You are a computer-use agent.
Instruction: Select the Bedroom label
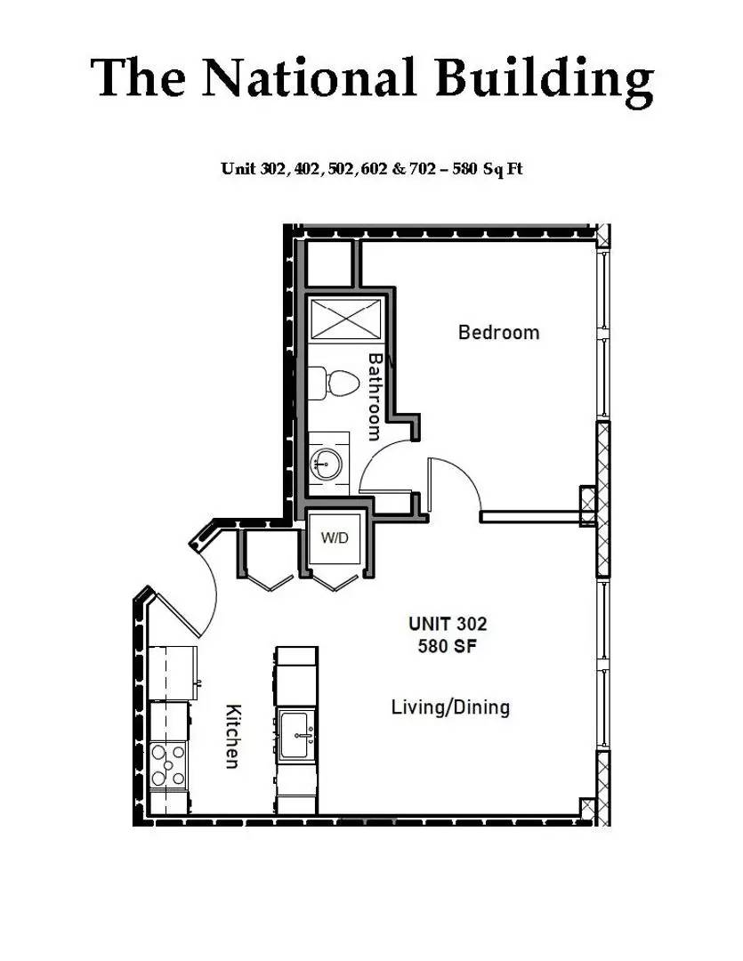pos(498,333)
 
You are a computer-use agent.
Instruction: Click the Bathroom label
pos(376,396)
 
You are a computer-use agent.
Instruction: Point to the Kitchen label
pos(233,736)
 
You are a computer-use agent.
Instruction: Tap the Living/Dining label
pos(450,707)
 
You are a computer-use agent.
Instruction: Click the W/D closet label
pos(335,538)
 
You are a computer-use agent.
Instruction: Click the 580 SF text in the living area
pos(448,647)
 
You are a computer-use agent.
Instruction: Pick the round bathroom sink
pos(325,463)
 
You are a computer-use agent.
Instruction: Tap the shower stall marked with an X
pos(345,319)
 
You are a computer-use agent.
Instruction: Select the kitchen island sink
pos(296,735)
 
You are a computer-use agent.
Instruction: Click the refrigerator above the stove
pos(173,674)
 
